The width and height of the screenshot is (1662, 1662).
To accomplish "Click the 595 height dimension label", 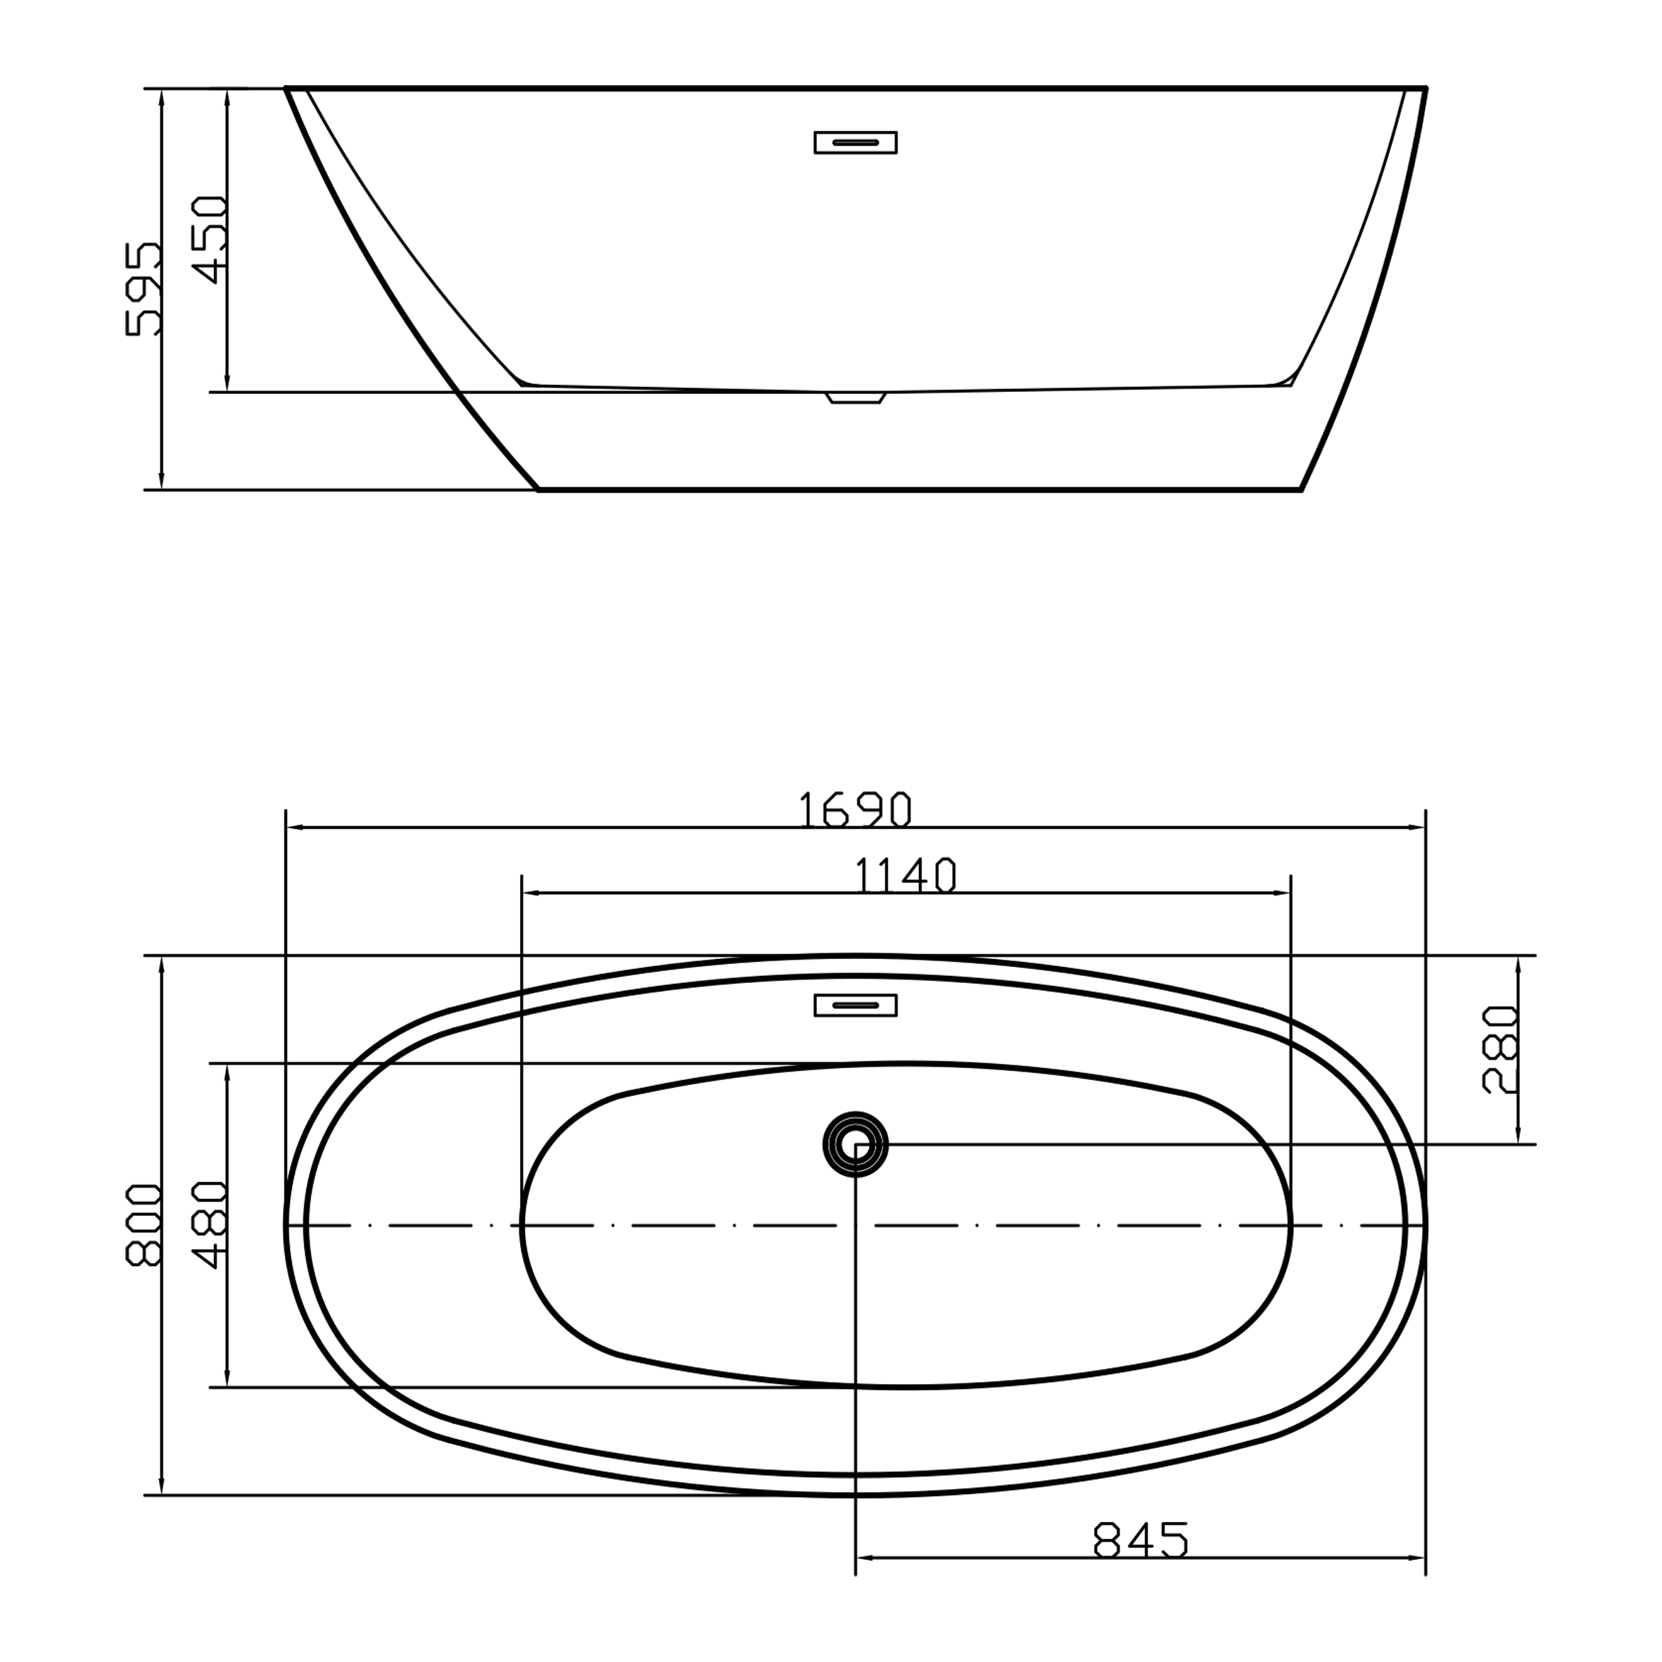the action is (143, 289).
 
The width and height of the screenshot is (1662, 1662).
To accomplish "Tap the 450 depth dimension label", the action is (209, 240).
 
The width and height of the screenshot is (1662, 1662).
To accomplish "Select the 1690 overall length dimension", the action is (855, 809).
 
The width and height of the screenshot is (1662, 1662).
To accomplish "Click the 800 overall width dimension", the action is (143, 1226).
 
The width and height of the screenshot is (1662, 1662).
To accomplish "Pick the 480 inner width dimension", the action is (209, 1226).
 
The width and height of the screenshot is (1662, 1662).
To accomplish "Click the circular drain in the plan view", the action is (855, 1144).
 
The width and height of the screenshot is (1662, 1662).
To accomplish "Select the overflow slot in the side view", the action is (855, 142).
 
